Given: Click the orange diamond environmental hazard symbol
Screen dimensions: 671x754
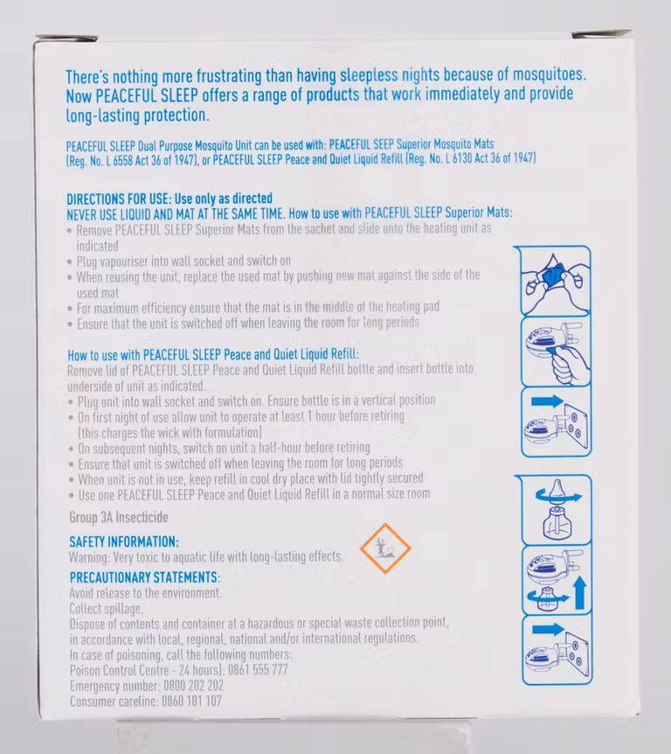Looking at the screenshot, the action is pos(385,548).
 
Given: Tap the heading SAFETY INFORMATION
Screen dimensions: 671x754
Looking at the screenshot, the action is pos(124,542).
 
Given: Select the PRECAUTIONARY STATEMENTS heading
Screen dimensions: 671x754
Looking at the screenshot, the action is pos(145,577).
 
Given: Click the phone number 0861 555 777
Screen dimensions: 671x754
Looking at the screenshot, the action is pos(258,670).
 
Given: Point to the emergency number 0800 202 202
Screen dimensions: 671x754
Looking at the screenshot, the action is pos(194,685).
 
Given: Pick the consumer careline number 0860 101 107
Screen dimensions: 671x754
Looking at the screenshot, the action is pos(191,701).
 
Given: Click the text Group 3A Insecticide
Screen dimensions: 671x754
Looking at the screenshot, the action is pos(119,518).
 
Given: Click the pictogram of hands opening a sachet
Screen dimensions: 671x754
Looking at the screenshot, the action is pos(555,282).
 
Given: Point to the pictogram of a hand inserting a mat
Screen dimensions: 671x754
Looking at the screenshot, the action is pos(556,352).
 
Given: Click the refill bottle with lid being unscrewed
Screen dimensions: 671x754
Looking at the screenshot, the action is pos(557,510).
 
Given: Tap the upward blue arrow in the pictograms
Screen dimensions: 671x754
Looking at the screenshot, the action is pos(580,592).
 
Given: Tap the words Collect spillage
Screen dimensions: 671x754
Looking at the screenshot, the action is pos(106,609).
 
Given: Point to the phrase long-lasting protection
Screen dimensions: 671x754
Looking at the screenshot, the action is pos(137,115).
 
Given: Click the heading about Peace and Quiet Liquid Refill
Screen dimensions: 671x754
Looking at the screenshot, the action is pos(213,355).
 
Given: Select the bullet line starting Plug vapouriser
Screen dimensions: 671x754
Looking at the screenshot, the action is pos(183,262).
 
